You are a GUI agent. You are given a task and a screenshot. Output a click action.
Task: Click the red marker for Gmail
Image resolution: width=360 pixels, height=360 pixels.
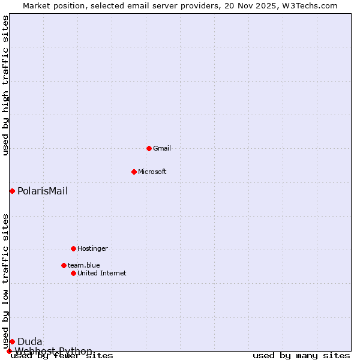[149, 148]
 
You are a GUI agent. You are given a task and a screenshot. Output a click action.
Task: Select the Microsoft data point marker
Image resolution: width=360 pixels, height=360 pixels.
[134, 172]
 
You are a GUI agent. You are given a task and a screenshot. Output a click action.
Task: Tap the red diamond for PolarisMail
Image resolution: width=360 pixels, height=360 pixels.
[12, 191]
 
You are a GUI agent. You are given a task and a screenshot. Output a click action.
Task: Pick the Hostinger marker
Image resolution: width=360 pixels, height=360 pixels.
[73, 248]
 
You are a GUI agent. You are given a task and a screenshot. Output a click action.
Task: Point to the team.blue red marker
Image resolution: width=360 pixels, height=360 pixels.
[64, 265]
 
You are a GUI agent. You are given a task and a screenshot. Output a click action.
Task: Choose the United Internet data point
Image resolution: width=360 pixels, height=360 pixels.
[73, 273]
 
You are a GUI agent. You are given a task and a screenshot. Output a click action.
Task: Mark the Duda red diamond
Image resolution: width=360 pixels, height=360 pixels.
[12, 341]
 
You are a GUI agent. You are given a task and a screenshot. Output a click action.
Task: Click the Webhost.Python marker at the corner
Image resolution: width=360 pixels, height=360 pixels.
[9, 351]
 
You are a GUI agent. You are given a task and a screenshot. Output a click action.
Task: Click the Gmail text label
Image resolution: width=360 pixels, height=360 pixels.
[162, 148]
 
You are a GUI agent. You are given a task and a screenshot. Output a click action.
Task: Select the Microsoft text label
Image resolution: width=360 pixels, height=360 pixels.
[152, 172]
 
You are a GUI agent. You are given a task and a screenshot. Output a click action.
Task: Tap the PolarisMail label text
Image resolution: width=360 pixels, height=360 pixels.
[43, 191]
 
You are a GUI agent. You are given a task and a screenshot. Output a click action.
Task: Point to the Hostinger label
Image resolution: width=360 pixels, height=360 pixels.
[92, 248]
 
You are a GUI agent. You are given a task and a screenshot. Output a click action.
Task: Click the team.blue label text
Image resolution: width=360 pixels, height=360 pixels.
[84, 265]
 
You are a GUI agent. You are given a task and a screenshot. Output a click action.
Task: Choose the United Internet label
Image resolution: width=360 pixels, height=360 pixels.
[102, 273]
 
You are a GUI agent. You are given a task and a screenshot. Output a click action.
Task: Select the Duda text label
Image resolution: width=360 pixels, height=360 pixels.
[30, 342]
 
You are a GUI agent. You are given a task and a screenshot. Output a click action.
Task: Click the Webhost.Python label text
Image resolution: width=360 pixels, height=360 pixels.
[54, 351]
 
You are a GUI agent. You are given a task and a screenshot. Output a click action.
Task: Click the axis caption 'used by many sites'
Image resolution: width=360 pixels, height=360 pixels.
[301, 356]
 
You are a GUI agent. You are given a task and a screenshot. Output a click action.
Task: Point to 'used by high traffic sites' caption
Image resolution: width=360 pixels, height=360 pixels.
[6, 85]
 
